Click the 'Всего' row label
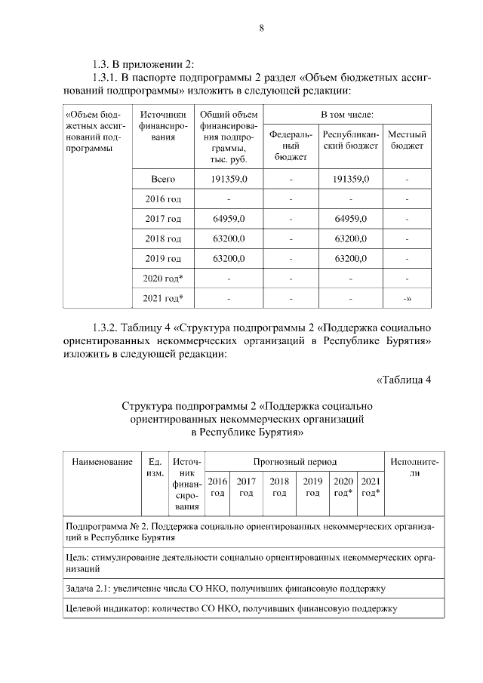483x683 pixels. [163, 180]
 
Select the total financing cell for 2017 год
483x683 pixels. [229, 219]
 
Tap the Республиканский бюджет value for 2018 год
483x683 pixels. [350, 238]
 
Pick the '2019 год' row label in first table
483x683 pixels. [163, 258]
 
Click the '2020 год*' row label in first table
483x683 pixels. [163, 278]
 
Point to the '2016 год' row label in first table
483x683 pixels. [163, 199]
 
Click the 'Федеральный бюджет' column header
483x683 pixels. [291, 145]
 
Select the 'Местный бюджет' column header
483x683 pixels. [407, 140]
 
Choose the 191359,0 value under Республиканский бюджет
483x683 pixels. [350, 180]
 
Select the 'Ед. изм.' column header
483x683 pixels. [155, 466]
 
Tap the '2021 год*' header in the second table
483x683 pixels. [370, 487]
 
